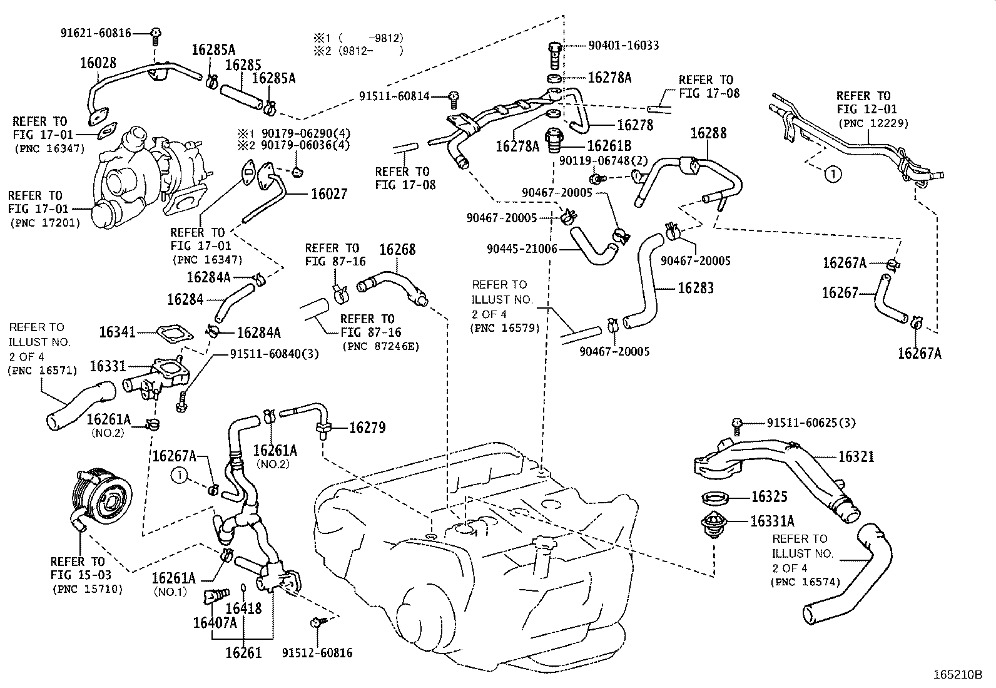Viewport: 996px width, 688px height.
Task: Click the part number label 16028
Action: (98, 62)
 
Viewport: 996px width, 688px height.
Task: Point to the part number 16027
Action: (329, 194)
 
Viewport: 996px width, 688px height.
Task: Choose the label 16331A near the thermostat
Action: (772, 521)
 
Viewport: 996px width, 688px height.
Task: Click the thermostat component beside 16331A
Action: (715, 526)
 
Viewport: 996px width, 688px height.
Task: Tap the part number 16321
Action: (856, 457)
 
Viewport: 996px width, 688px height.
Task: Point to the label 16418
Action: (243, 608)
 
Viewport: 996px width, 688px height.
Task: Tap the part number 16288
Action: (708, 133)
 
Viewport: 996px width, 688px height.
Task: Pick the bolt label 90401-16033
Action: (623, 45)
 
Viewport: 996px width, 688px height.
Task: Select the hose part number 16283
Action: (695, 288)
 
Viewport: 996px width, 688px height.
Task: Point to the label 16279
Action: (367, 428)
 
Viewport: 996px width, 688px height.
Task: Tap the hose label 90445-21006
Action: (521, 249)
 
